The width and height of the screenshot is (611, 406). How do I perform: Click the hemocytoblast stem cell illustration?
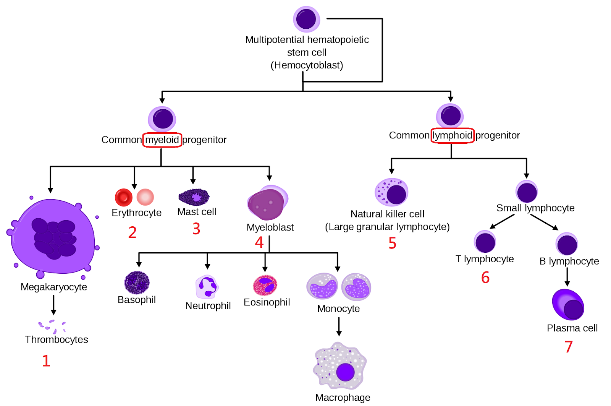[306, 19]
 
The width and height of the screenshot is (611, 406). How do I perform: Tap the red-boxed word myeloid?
[162, 140]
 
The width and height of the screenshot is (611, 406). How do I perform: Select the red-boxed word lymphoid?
[453, 135]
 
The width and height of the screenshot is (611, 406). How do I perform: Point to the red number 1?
[46, 361]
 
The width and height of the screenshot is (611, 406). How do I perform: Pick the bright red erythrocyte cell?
[123, 197]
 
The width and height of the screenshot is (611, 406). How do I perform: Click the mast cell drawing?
[194, 197]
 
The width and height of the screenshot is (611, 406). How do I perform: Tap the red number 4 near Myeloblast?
[259, 242]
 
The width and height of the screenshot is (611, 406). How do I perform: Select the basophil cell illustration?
[137, 283]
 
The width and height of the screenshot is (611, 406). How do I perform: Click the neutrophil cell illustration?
[207, 287]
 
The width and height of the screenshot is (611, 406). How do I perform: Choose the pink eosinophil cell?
[265, 286]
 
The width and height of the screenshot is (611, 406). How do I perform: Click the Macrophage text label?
[343, 398]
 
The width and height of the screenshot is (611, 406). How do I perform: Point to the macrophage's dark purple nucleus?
[346, 372]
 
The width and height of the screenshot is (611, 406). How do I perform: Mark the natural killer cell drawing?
[392, 192]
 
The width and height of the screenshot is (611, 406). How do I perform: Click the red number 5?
[393, 243]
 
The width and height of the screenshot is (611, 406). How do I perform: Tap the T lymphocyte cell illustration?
[485, 242]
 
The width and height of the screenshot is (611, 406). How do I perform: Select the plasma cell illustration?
[568, 305]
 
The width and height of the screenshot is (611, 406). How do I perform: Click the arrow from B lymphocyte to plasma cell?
[567, 277]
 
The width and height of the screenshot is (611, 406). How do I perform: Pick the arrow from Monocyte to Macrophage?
[339, 326]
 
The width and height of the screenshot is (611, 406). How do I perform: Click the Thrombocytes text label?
[57, 339]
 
